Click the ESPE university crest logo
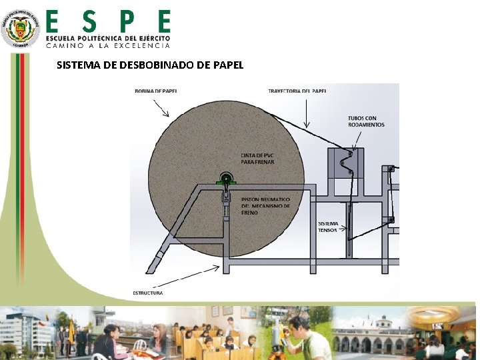click(x=20, y=28)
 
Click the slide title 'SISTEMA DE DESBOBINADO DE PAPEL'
click(x=150, y=65)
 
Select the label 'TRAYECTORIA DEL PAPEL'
click(x=297, y=91)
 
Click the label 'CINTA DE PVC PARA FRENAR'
click(x=257, y=159)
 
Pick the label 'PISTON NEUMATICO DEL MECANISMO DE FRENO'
click(x=265, y=206)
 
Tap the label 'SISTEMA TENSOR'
click(x=327, y=227)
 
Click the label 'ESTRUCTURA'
click(x=147, y=293)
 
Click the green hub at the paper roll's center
click(x=227, y=179)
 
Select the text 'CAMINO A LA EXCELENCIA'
click(x=108, y=45)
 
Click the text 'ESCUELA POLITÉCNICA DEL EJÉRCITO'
click(x=108, y=38)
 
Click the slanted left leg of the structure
click(x=161, y=257)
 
